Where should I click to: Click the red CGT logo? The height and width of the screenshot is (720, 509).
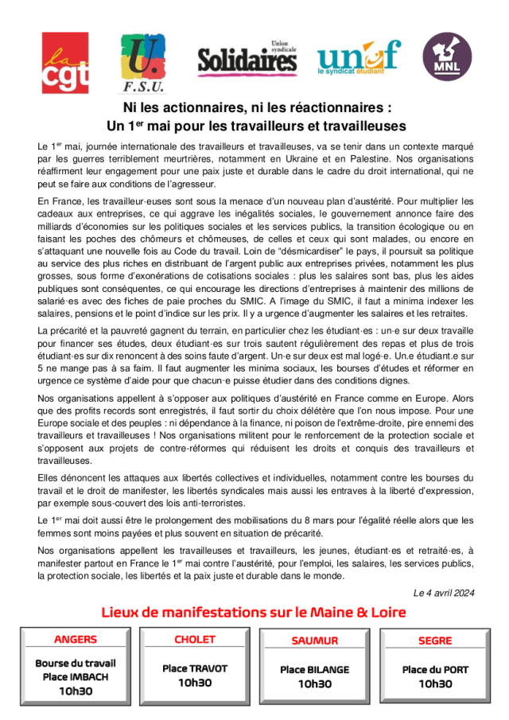tap(65, 63)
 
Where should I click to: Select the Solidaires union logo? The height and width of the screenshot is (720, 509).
tap(247, 58)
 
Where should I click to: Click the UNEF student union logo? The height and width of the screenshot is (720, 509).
tap(358, 57)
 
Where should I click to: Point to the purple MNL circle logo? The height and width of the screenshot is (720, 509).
tap(445, 57)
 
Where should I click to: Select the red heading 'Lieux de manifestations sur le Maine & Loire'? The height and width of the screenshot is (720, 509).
tap(254, 612)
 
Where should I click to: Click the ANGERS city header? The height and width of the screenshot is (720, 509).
tap(76, 640)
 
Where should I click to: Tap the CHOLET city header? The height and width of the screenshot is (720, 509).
tap(195, 640)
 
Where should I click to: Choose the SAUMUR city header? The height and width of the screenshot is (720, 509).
tap(315, 640)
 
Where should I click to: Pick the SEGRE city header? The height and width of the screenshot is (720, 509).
tap(435, 640)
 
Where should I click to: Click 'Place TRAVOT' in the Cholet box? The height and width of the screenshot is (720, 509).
tap(195, 668)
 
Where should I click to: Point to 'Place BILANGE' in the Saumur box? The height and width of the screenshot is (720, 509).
tap(315, 670)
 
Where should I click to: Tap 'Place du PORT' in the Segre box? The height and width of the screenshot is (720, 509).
tap(435, 670)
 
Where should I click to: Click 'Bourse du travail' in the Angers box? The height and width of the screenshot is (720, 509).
tap(76, 663)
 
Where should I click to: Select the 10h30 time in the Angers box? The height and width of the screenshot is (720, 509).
tap(76, 691)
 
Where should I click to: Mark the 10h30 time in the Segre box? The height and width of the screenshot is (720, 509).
tap(435, 684)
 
